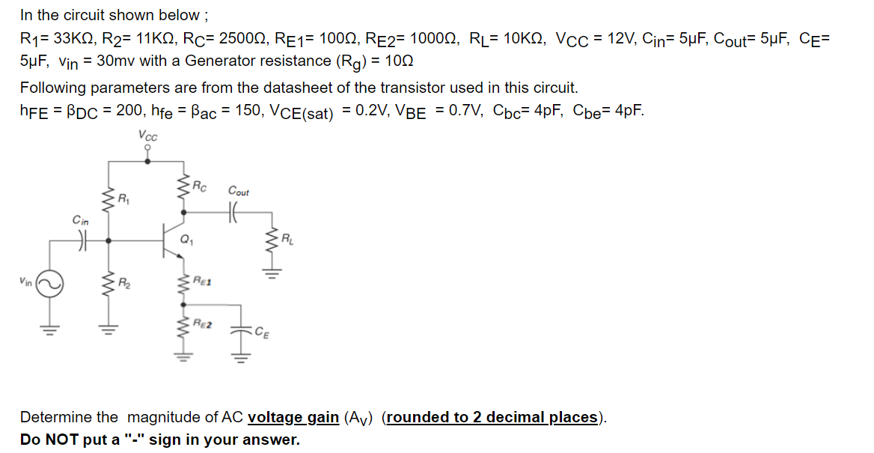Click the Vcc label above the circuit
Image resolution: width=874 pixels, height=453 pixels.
147,135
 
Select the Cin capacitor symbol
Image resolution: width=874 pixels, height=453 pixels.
82,241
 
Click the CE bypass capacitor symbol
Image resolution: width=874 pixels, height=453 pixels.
241,329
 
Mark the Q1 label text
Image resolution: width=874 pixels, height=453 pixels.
187,241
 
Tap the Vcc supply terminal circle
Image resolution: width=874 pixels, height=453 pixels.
147,148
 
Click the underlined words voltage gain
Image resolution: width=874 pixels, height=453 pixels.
293,417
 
